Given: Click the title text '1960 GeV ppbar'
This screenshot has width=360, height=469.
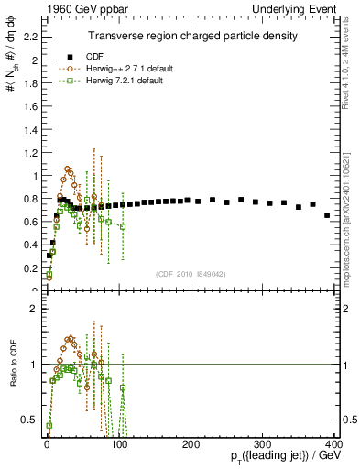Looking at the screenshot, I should coord(71,8).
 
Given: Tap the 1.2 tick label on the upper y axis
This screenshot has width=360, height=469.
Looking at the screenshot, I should coord(27,153).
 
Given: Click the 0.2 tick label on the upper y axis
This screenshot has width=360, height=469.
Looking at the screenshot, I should coord(27,267).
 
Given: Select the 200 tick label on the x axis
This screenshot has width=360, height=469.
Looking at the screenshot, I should coord(191,444).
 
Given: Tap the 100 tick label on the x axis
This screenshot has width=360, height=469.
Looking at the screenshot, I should coord(119,444).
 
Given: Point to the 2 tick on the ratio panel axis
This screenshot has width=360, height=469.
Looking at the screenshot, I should coord(33,309).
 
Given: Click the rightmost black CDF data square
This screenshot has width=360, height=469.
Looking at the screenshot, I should coord(327,215).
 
